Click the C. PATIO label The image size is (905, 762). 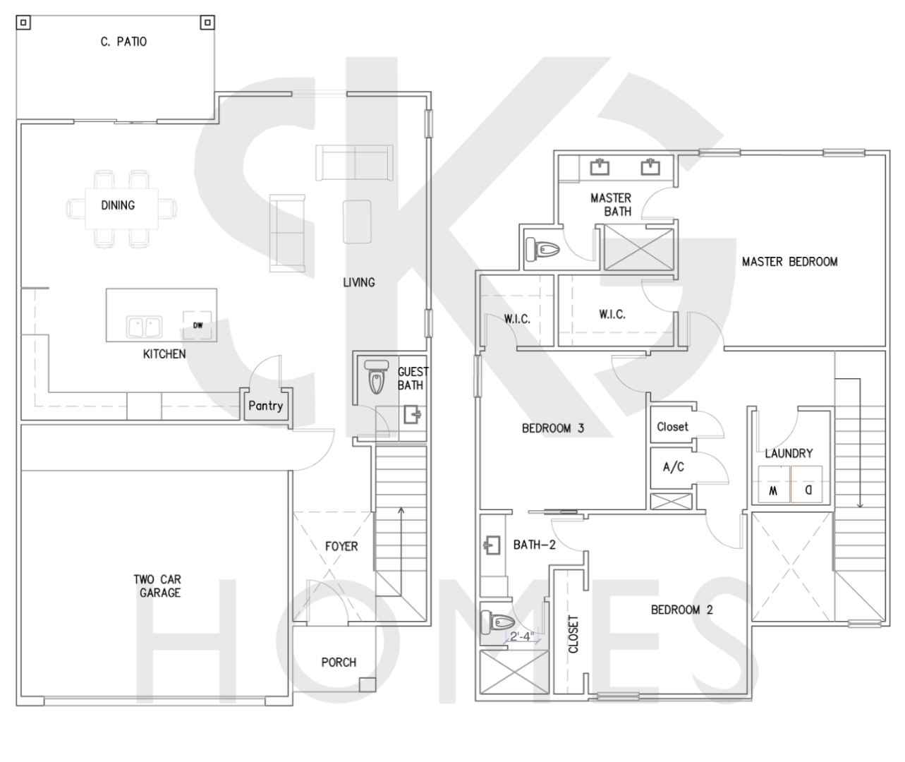(123, 42)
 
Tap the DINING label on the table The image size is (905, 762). (118, 205)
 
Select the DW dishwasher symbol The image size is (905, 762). (198, 325)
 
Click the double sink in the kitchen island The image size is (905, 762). (145, 327)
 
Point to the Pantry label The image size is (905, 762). (265, 406)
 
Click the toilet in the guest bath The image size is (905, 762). (376, 377)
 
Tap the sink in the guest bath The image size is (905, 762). (412, 415)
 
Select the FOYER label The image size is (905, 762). (341, 547)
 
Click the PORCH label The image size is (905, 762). (339, 663)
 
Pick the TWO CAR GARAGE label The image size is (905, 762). (158, 586)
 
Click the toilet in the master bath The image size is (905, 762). (542, 249)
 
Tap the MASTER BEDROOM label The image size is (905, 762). (790, 262)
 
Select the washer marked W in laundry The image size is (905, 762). (774, 485)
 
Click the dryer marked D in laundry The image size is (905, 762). (807, 485)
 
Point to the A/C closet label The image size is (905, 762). (674, 467)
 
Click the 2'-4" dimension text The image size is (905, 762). (521, 636)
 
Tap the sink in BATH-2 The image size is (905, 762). (492, 545)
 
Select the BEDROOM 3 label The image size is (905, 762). (553, 428)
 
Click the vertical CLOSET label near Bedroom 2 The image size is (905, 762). (573, 634)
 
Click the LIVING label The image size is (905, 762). (359, 283)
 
